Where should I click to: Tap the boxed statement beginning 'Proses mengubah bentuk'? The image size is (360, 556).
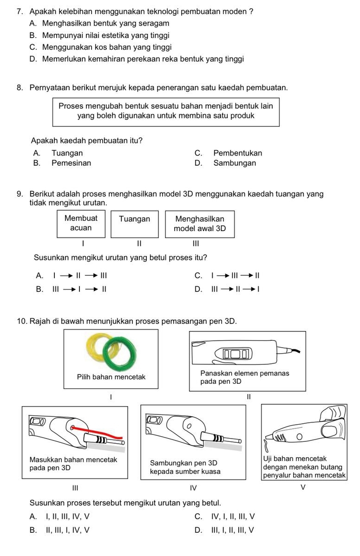[166, 111]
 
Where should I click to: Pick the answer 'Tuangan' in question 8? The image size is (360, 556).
[67, 153]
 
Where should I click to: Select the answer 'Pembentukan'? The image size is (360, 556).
[237, 153]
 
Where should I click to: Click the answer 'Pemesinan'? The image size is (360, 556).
[71, 163]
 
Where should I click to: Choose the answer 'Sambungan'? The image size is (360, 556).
[235, 163]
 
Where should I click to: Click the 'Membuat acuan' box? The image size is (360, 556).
[81, 223]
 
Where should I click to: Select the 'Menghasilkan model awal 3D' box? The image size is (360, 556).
[200, 223]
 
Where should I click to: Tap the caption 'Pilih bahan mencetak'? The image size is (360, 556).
[111, 377]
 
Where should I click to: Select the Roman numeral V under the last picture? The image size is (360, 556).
[303, 487]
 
